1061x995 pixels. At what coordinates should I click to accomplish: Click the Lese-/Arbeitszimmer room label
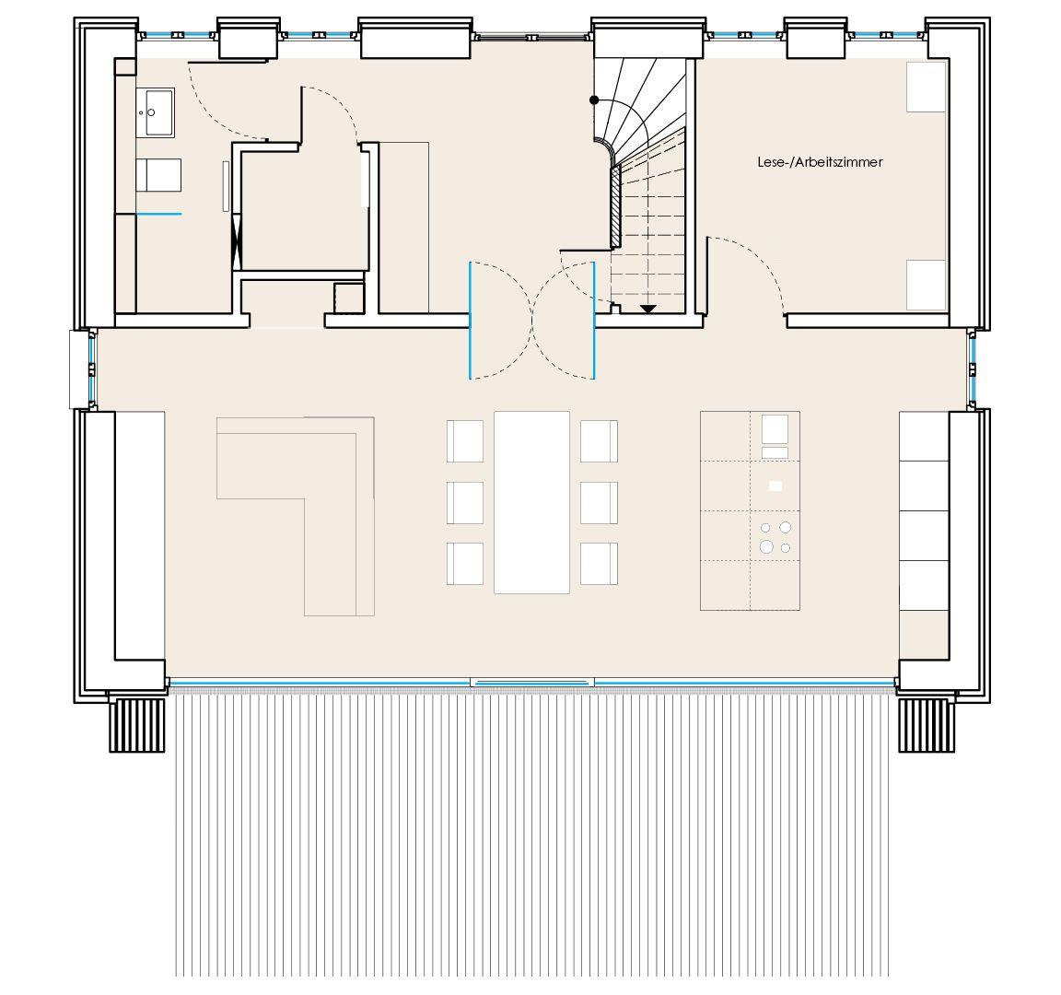tap(820, 162)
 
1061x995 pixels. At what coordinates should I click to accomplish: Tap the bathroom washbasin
tap(155, 112)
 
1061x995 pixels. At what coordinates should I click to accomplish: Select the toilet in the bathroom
tap(158, 175)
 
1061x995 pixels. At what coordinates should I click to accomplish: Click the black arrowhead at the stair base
tap(648, 309)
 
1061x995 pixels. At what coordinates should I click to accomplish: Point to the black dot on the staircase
tap(594, 100)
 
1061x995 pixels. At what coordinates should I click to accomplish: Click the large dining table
tap(531, 502)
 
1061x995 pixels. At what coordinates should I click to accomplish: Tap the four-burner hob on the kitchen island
tap(775, 536)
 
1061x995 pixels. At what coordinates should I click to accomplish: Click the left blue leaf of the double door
tap(471, 320)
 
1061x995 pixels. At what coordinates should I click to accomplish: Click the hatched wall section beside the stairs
tap(616, 205)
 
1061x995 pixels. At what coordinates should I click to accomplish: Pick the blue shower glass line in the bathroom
tap(159, 214)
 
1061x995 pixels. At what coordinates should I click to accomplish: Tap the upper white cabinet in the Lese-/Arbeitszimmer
tap(927, 88)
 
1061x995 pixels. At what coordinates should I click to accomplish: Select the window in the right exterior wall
tap(973, 369)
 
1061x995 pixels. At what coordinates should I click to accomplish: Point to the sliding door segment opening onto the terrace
tap(532, 683)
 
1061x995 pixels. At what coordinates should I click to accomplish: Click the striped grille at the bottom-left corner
tap(137, 725)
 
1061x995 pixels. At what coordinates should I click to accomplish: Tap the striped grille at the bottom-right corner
tap(927, 725)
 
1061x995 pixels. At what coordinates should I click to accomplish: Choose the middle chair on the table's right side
tap(599, 502)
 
